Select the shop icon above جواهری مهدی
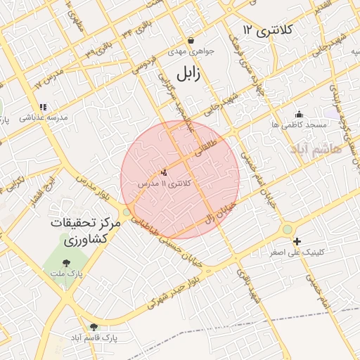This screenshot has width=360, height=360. [191, 41]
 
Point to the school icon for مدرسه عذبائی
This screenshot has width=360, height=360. [43, 107]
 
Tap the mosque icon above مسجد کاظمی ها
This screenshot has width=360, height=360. [300, 114]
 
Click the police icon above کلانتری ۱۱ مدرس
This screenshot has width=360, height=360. [165, 171]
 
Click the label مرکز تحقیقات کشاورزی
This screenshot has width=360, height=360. [85, 231]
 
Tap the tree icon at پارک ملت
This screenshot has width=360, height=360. [67, 263]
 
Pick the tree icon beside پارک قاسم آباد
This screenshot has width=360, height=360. [94, 326]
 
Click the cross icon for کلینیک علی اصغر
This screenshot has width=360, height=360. [297, 240]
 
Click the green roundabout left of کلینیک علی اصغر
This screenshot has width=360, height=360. [287, 229]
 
